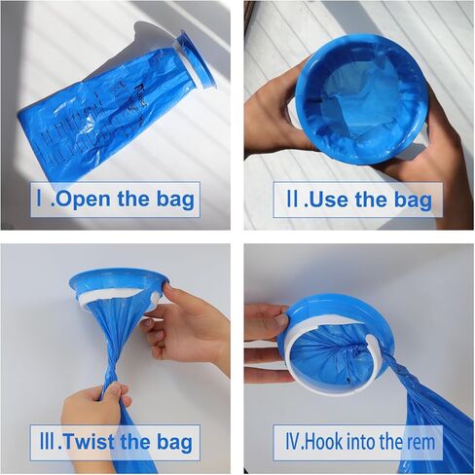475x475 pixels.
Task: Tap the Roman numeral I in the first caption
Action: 40,201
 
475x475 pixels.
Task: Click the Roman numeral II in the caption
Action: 290,201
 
